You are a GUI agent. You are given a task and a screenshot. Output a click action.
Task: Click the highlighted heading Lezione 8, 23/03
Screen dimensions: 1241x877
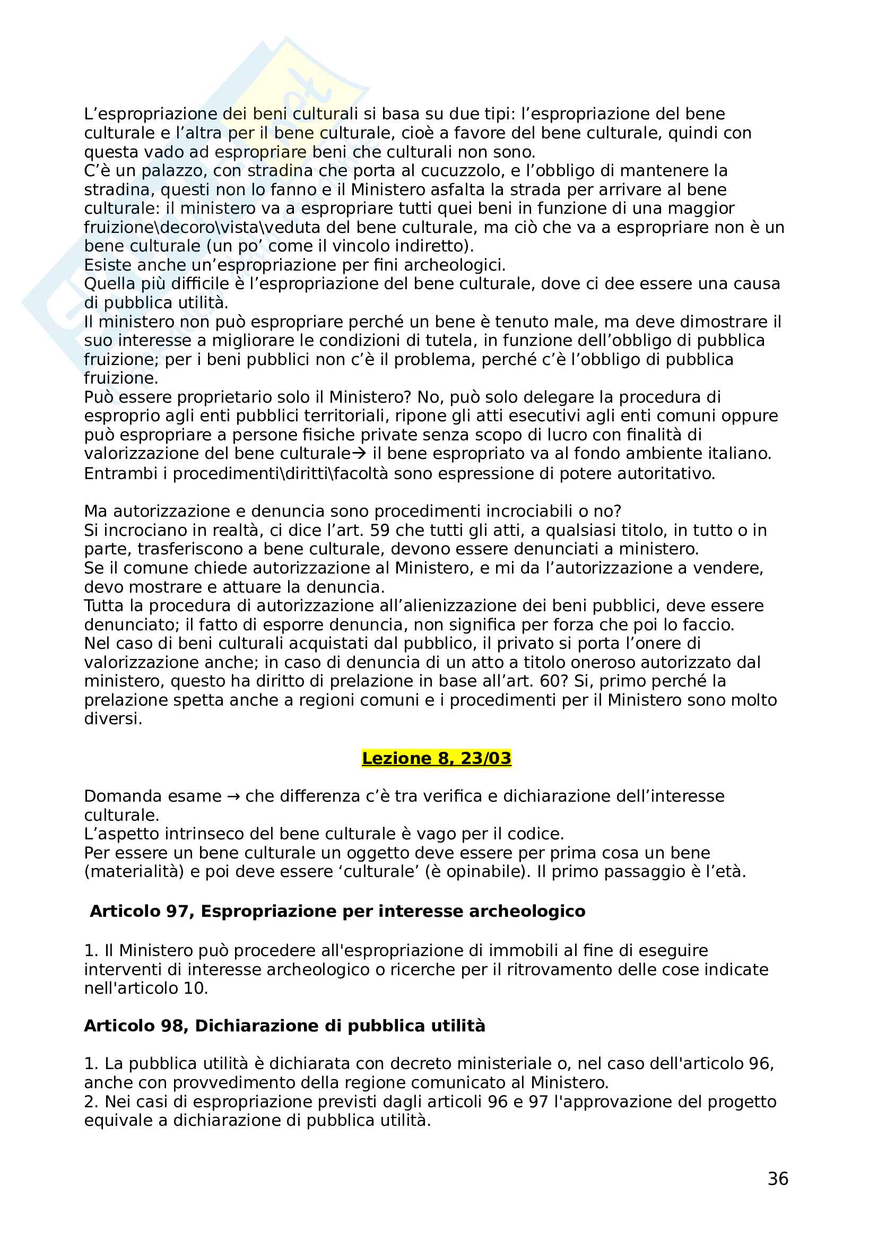click(436, 758)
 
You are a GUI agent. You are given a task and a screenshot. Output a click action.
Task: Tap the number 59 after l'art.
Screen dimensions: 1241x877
click(379, 530)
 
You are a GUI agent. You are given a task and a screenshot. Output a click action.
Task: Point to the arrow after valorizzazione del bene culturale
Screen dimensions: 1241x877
click(359, 454)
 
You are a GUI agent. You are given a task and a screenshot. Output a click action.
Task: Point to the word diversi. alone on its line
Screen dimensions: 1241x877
click(113, 719)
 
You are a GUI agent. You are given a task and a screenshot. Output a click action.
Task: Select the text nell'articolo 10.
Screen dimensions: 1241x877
click(146, 988)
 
